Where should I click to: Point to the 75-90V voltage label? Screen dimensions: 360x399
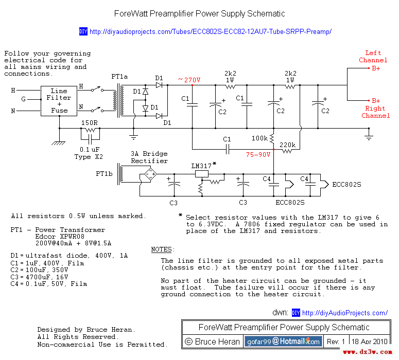(258, 154)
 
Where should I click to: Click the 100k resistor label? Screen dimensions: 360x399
(259, 138)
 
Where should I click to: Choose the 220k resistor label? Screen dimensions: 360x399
(288, 145)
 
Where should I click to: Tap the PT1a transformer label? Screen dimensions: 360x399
(120, 77)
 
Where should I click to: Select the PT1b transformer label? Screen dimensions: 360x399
(104, 174)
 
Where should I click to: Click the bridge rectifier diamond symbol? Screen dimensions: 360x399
(151, 175)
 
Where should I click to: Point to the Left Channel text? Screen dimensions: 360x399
(373, 57)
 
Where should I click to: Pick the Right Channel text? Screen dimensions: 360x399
(375, 112)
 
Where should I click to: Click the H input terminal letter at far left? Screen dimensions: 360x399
(13, 91)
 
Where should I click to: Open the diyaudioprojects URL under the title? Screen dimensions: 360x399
(210, 32)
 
